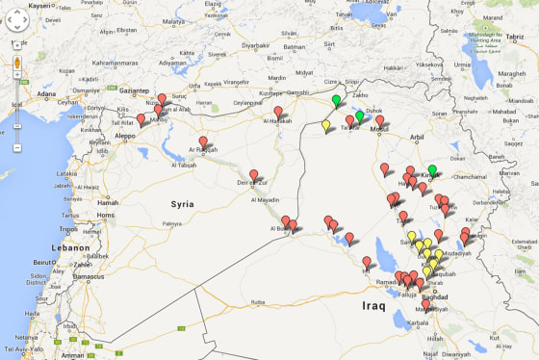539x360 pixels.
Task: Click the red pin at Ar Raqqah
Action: coord(203,142)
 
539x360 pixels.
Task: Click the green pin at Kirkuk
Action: coord(432,170)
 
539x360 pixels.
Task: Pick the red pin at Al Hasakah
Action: coord(278,113)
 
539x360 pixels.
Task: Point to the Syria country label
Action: coord(182,203)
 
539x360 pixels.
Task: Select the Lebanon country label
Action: coord(71,247)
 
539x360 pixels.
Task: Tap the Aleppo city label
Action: coord(126,136)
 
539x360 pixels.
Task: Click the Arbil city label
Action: coord(416,137)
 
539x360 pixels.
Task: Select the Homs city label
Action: coord(108,215)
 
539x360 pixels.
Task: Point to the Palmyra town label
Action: coord(171,223)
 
